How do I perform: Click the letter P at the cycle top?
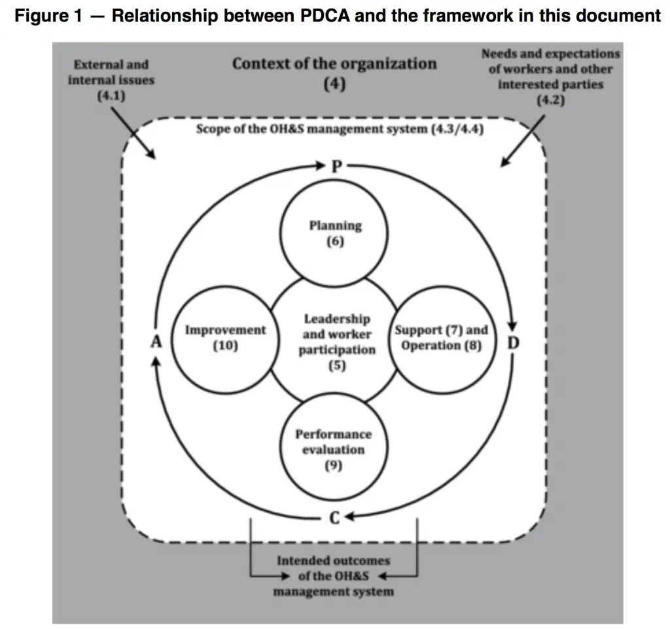(x=336, y=166)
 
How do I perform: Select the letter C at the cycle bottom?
(x=334, y=518)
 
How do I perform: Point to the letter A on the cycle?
(x=156, y=342)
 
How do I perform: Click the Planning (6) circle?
(x=335, y=233)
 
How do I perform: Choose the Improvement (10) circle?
(x=225, y=338)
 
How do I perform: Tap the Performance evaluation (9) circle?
(x=334, y=450)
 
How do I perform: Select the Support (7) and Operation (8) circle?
(x=442, y=338)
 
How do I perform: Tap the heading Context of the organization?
(x=334, y=64)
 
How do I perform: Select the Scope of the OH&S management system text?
(x=340, y=129)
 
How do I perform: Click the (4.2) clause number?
(x=550, y=101)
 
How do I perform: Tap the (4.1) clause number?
(x=111, y=95)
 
